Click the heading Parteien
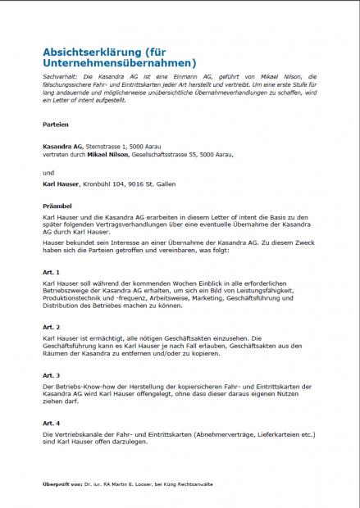(56, 124)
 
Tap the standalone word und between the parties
(48, 173)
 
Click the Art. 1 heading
(51, 272)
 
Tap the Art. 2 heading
(51, 325)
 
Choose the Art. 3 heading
(51, 374)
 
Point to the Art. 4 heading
(51, 422)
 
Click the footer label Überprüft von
(63, 485)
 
